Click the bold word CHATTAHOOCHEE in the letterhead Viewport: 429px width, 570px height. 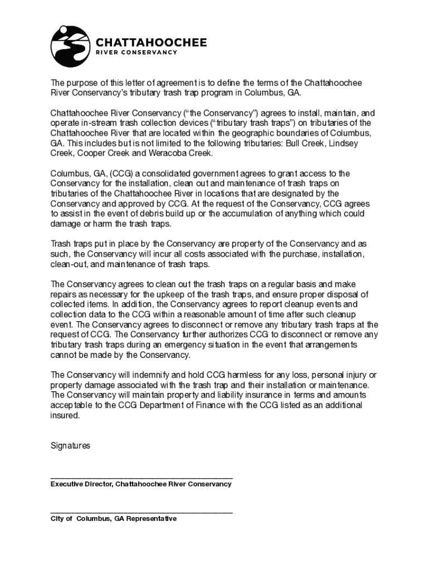pyautogui.click(x=152, y=42)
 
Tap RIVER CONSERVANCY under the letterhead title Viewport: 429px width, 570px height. pyautogui.click(x=137, y=53)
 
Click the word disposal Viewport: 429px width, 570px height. pyautogui.click(x=343, y=294)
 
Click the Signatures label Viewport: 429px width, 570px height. pyautogui.click(x=70, y=446)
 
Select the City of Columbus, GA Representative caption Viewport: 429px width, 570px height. pyautogui.click(x=114, y=519)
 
